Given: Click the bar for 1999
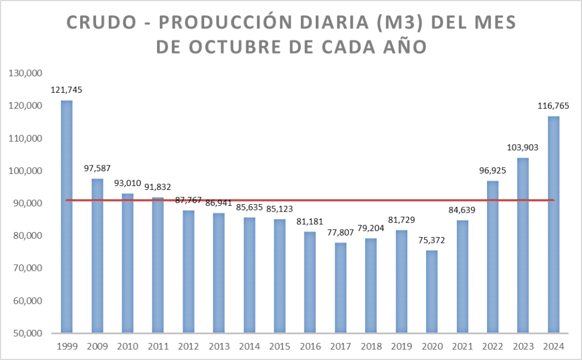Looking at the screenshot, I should coord(67,216).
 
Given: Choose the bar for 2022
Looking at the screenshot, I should coord(492,256).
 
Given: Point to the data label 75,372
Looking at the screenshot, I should coord(431,240).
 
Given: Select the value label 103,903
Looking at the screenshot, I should coord(522,147).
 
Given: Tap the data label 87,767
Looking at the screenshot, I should coord(188,200).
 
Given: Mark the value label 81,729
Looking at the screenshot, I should coord(401,220).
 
